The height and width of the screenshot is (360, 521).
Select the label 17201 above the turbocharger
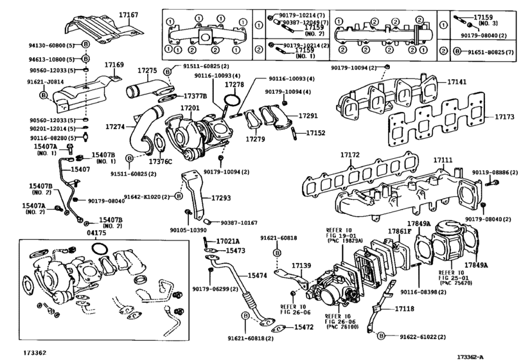pyautogui.click(x=191, y=109)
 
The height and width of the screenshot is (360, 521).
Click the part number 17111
pyautogui.click(x=443, y=159)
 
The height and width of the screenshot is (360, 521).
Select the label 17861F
pyautogui.click(x=399, y=231)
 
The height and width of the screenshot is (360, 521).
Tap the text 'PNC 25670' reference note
pyautogui.click(x=457, y=282)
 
